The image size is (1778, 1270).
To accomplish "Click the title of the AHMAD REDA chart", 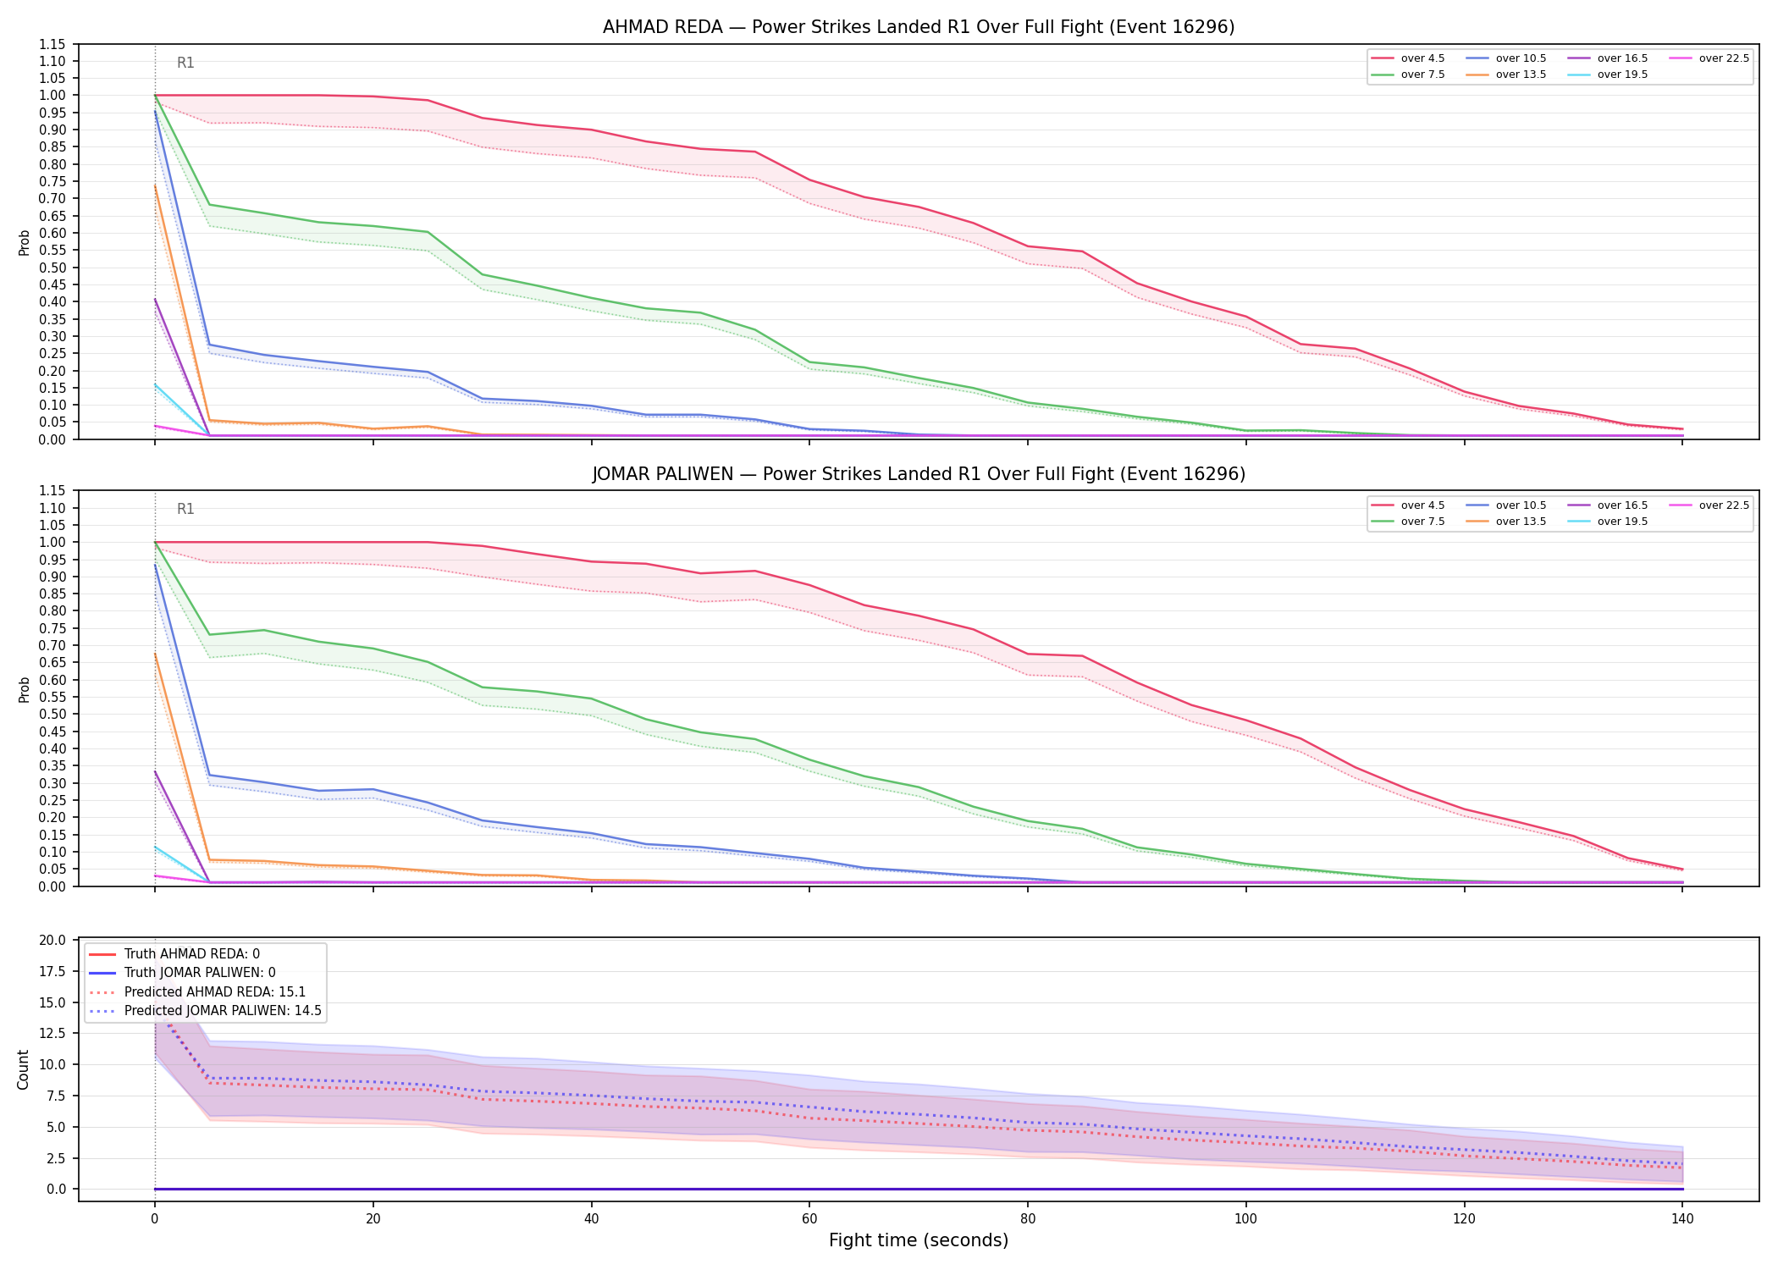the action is (919, 27).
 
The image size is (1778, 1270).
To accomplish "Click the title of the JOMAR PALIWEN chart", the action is (919, 474).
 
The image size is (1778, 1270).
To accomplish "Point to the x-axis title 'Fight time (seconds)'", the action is (919, 1240).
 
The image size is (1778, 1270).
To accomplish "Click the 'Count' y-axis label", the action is (23, 1069).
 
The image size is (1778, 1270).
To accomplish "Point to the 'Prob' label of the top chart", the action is (25, 242).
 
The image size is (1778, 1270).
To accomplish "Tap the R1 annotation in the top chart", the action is (185, 63).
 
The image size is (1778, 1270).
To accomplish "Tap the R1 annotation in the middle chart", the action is (185, 509).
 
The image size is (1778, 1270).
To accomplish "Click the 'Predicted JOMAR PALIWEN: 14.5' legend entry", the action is (223, 1011).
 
